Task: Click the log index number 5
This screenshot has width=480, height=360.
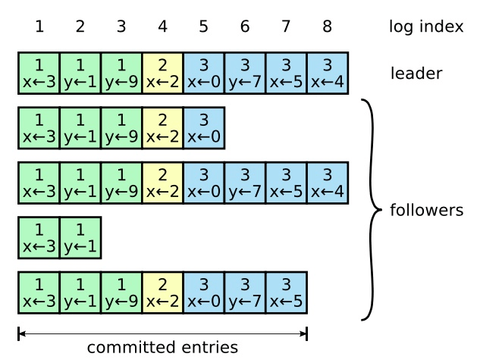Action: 203,27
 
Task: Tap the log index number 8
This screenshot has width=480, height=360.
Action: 327,27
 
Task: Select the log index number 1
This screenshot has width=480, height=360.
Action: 39,27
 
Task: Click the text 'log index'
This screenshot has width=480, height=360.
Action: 425,27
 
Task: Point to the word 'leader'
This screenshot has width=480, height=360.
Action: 416,74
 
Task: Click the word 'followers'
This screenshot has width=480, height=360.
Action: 425,210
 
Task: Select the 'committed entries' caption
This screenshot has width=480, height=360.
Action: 162,348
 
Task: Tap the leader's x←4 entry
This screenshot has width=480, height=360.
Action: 327,73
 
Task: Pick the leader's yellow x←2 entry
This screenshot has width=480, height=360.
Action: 162,73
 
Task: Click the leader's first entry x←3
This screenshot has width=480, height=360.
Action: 39,73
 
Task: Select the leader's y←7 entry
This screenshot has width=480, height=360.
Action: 244,73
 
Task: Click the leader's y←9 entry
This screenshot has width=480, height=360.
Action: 121,73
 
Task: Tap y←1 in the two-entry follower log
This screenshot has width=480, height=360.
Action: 80,237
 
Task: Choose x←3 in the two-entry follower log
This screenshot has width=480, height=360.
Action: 39,237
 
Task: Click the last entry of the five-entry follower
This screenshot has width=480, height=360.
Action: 203,127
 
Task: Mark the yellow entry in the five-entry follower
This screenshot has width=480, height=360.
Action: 162,127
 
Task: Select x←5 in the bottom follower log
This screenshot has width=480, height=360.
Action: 286,293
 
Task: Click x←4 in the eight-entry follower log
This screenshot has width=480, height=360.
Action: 327,183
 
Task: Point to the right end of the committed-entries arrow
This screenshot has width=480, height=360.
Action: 306,333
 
